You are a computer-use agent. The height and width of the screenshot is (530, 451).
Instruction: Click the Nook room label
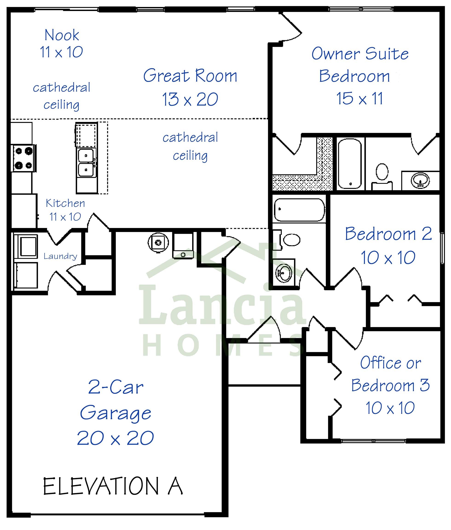point(62,35)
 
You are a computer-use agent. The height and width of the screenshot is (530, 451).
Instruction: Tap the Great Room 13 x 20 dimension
point(190,99)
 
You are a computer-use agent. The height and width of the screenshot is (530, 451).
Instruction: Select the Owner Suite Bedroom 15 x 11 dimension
point(359,98)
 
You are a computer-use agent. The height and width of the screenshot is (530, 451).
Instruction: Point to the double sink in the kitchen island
point(87,163)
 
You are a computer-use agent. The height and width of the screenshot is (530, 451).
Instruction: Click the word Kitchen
point(65,203)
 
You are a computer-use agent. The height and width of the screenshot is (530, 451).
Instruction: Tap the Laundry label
point(60,256)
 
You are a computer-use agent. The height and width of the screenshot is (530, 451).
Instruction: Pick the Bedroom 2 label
point(388,234)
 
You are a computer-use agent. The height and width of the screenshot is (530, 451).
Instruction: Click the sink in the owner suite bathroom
point(420,180)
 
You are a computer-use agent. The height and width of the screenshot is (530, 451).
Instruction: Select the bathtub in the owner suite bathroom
point(350,163)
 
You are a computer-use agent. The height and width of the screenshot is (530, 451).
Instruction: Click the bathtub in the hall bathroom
point(299,210)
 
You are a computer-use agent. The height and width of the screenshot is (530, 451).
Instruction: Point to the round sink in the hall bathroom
point(283,273)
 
